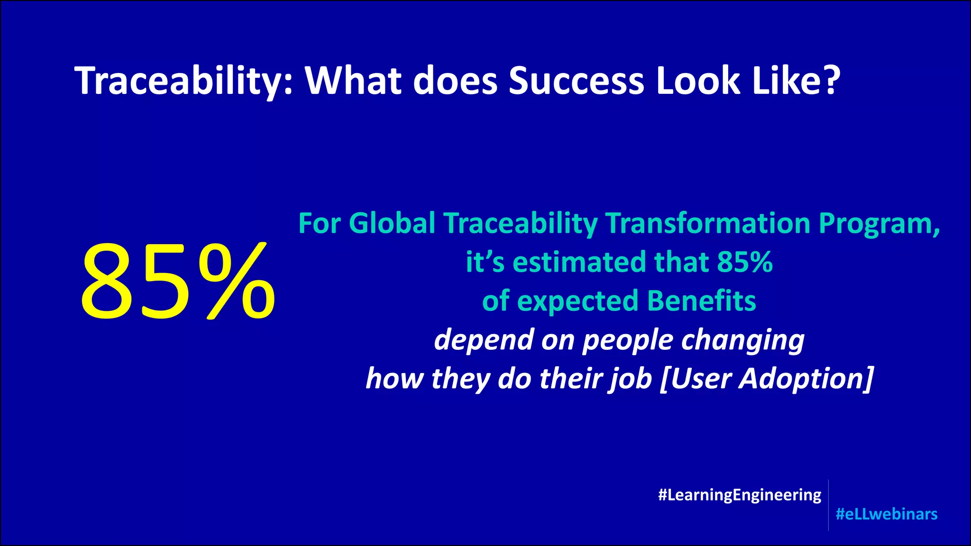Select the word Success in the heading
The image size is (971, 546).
coord(576,81)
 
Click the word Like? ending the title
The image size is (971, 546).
coord(797,81)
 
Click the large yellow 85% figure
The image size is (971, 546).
coord(177,282)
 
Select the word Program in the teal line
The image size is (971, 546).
coord(879,224)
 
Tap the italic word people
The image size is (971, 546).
coord(627,341)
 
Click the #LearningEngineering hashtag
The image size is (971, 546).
coord(740,495)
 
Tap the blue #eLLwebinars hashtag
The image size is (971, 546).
coord(886,514)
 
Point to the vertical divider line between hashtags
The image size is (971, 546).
coord(828,505)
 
